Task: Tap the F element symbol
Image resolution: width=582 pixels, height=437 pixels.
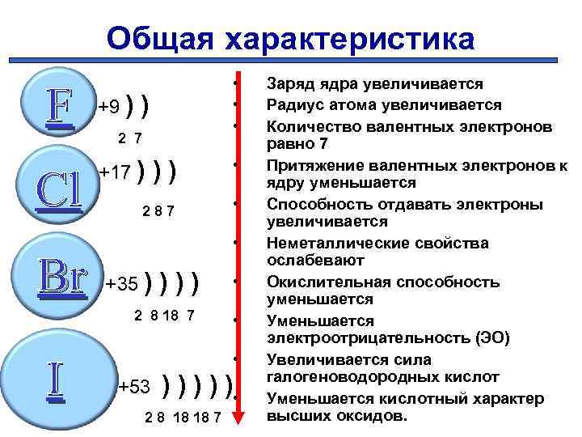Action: tap(59, 105)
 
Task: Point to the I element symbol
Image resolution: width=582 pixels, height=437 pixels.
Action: tap(54, 380)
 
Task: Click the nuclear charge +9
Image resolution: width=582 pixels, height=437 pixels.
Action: tap(109, 106)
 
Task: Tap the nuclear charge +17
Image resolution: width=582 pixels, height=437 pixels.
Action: tap(114, 172)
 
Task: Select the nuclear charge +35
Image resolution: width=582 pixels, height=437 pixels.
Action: tap(123, 285)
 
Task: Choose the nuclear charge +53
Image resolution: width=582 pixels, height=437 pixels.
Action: tap(134, 387)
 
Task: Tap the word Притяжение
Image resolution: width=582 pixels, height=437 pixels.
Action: tap(308, 165)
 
